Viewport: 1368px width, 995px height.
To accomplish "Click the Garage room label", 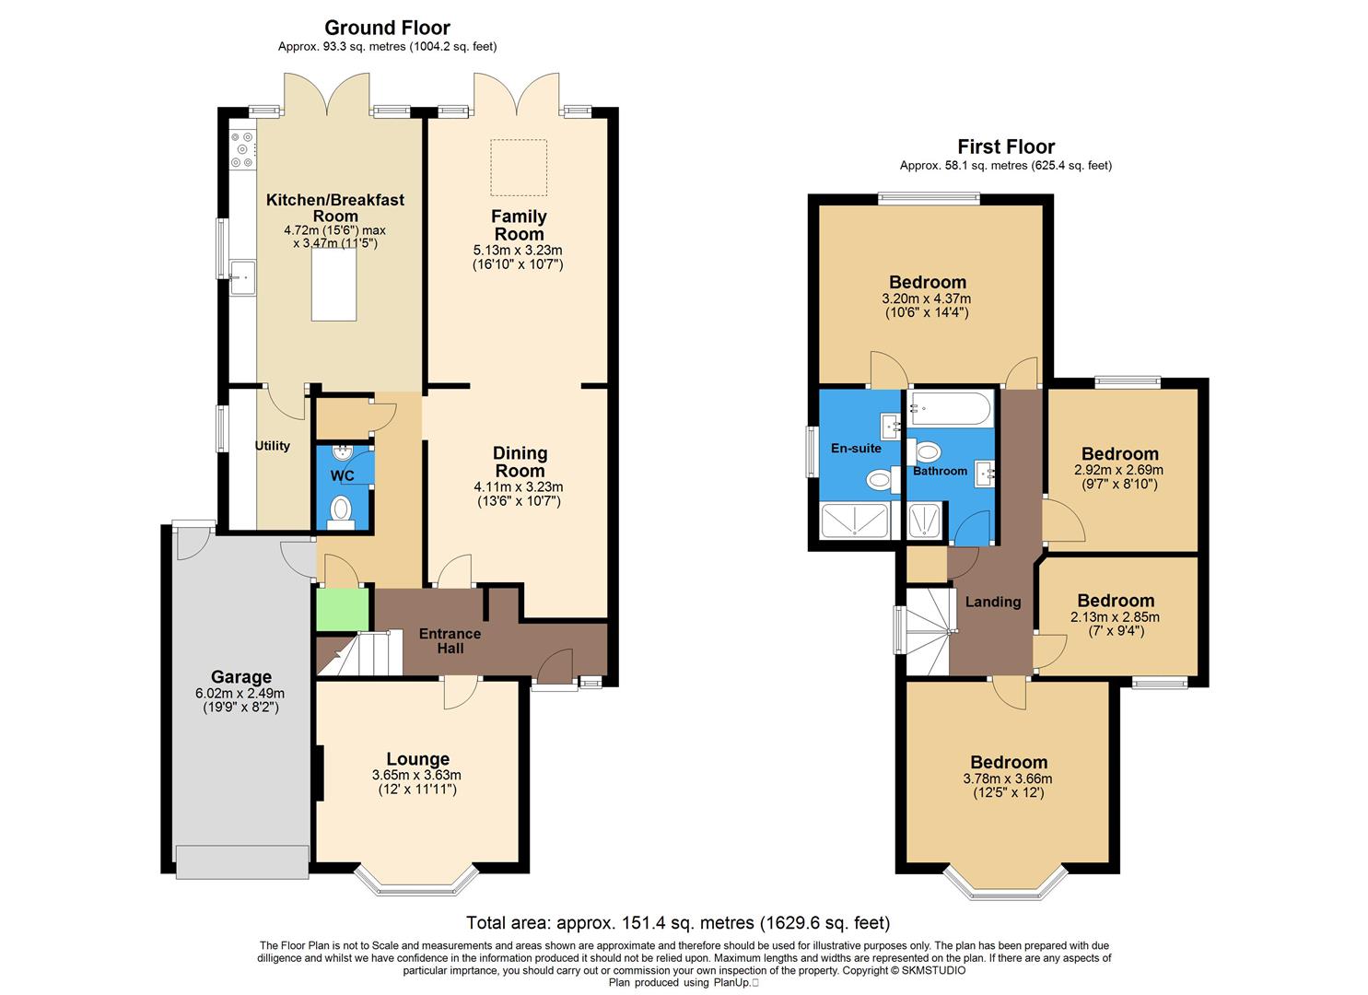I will click(x=240, y=677).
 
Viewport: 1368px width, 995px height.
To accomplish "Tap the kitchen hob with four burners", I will click(x=242, y=150).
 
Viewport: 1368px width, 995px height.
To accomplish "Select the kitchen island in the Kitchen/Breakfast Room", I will click(x=333, y=285).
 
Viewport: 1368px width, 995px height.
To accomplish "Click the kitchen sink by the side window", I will click(x=243, y=276).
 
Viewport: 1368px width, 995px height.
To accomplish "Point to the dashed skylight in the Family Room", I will click(x=518, y=168).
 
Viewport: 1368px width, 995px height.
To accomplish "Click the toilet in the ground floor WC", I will click(x=342, y=511).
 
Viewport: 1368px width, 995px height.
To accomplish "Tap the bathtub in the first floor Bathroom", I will click(x=950, y=408).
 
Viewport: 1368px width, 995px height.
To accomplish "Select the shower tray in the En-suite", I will click(x=854, y=521).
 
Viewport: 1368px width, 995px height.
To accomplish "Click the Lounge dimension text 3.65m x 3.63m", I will click(x=416, y=775).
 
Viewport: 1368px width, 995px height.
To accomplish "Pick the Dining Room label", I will click(x=520, y=462).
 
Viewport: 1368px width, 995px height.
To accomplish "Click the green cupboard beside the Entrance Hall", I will click(x=343, y=609).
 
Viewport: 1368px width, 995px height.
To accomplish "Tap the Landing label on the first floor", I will click(x=992, y=602).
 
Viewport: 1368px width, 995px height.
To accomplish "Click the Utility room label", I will click(x=272, y=446).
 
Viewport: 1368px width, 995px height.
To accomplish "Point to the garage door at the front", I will click(x=243, y=861).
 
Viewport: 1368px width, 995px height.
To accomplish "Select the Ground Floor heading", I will click(x=387, y=28).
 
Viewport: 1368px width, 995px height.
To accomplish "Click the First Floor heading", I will click(x=1006, y=146).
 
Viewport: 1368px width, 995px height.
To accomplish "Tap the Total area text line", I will click(x=678, y=922).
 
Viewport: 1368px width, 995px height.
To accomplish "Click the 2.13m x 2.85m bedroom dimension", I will click(x=1115, y=617).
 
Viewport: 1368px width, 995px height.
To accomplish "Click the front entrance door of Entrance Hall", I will click(x=555, y=664).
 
